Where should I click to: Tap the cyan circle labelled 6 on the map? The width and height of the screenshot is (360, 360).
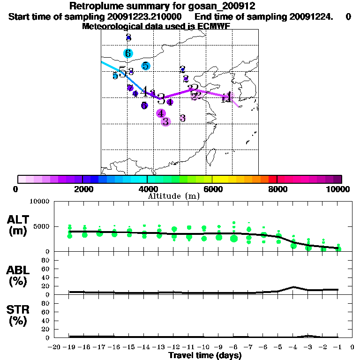point(128,53)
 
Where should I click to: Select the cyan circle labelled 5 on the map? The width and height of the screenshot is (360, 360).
point(146,66)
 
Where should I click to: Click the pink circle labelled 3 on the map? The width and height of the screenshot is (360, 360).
point(165,121)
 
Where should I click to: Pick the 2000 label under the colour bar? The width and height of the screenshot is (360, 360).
point(82,189)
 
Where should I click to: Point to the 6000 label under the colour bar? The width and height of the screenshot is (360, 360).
point(212,189)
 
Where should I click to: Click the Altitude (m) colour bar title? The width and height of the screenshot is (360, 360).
point(174,195)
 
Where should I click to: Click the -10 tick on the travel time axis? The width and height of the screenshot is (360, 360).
point(203,347)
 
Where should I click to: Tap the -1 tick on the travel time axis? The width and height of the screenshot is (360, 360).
point(338,347)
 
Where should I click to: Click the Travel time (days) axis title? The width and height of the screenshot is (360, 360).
point(205,355)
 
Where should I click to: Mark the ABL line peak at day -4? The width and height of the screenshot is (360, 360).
point(293,287)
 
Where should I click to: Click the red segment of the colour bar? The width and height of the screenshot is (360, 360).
point(272,179)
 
